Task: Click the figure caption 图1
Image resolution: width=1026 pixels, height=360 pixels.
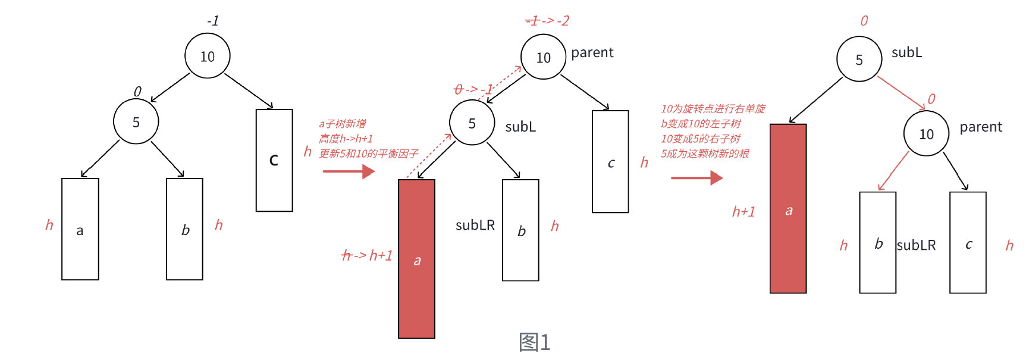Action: coord(535,342)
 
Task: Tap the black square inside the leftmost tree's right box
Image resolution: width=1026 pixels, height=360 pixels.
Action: coord(274,160)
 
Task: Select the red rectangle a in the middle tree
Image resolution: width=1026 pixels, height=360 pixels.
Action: coord(416,259)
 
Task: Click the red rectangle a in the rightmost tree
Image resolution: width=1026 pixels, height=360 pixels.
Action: coord(788,208)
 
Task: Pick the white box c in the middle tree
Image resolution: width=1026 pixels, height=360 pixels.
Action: coord(610,162)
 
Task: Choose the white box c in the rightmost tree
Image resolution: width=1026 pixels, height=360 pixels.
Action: coord(968,243)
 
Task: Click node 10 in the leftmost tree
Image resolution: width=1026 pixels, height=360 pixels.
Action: coord(207,57)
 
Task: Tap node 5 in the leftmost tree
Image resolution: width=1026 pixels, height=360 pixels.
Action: coord(136,121)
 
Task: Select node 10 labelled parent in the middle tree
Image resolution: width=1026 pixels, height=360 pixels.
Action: coord(543,57)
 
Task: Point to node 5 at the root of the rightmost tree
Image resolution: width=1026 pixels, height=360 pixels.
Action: coord(859,60)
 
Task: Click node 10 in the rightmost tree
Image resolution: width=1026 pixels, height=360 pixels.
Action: coord(926,134)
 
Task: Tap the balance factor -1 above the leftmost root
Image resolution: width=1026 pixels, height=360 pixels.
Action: coord(213,21)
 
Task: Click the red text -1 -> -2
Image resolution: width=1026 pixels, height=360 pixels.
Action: coord(547,21)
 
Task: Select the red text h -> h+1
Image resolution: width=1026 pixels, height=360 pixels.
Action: coord(367,256)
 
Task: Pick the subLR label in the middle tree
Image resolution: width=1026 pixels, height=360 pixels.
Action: coord(475,225)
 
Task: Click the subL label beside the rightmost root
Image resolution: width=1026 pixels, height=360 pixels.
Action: coord(906,52)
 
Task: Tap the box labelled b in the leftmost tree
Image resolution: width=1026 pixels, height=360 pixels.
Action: coord(184,229)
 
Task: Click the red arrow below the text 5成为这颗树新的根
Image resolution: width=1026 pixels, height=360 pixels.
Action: coord(696,177)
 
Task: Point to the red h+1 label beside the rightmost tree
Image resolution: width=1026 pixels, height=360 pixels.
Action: coord(743,212)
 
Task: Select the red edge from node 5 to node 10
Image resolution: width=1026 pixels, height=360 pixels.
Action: coord(901,93)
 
